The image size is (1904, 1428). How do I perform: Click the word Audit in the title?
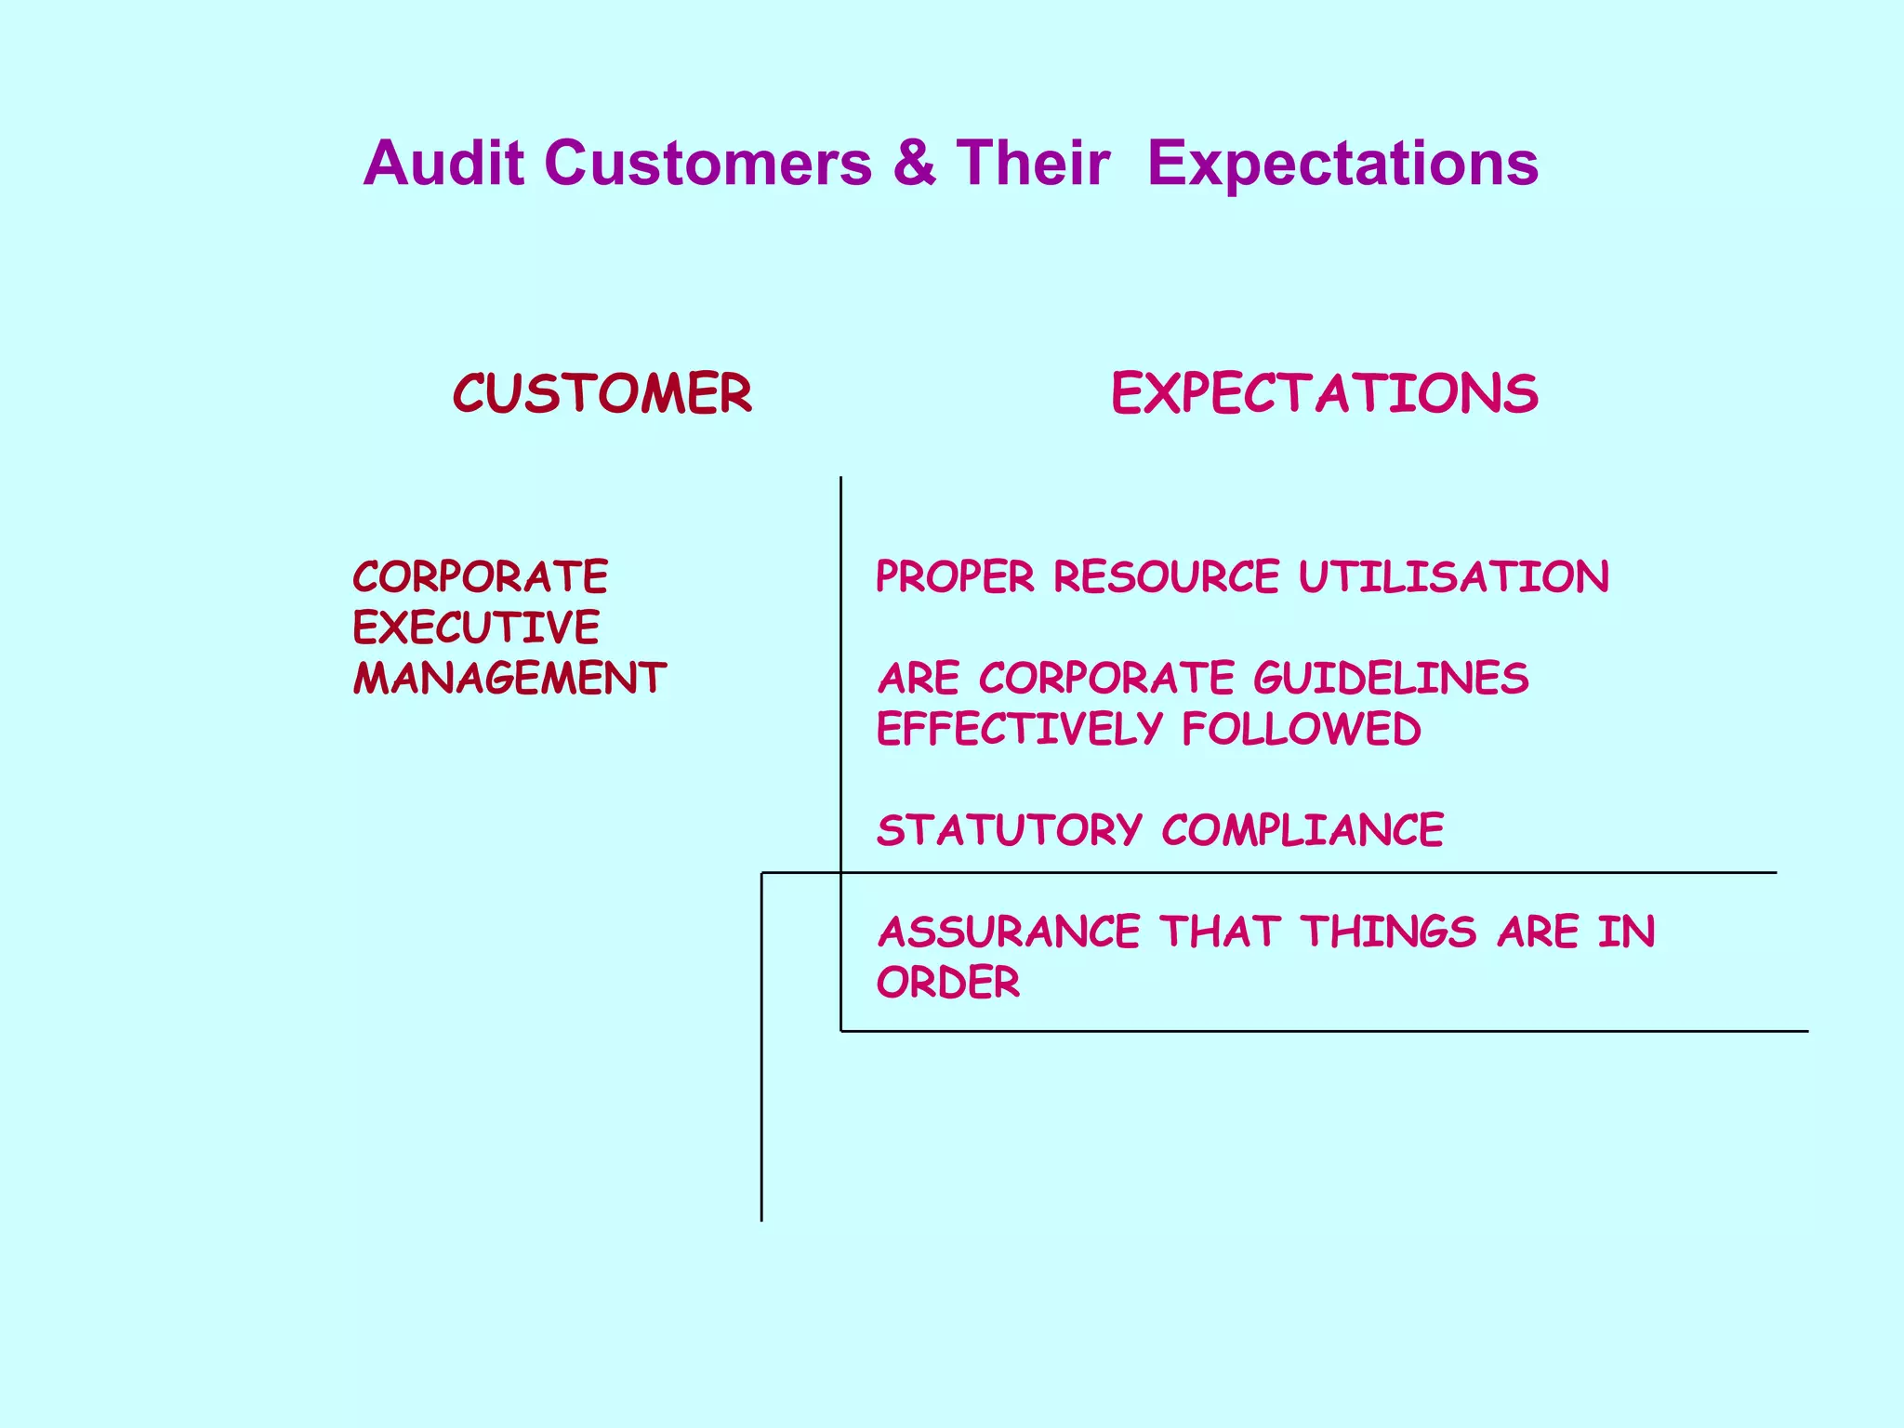[x=443, y=164]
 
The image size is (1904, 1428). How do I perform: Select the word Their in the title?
[x=1033, y=164]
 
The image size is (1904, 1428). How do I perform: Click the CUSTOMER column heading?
[x=602, y=393]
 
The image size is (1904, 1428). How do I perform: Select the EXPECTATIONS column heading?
[x=1325, y=393]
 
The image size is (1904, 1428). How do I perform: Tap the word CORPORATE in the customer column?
[x=480, y=576]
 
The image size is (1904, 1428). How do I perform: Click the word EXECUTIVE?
[x=476, y=628]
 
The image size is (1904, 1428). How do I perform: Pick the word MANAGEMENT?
[x=509, y=678]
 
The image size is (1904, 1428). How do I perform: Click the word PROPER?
[x=955, y=576]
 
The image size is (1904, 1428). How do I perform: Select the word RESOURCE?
[x=1166, y=576]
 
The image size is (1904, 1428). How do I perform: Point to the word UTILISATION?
[x=1454, y=576]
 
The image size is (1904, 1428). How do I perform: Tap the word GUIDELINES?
[x=1391, y=678]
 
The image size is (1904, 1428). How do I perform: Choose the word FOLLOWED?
[x=1302, y=729]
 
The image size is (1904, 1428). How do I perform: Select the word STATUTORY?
[x=1010, y=830]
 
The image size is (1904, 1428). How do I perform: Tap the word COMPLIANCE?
[x=1302, y=830]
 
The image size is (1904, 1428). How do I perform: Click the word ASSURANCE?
[x=1009, y=932]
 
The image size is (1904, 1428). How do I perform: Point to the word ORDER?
[x=948, y=983]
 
